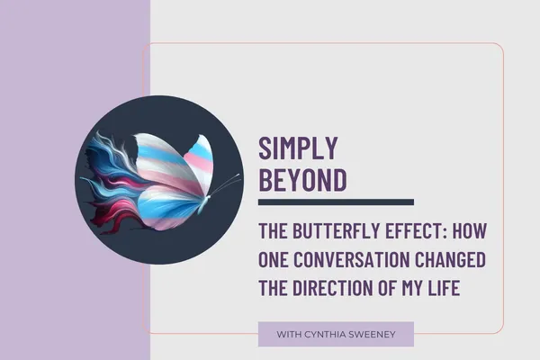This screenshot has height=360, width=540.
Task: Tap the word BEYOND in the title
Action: coord(302,179)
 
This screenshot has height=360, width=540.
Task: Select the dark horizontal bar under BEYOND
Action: coord(336,202)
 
